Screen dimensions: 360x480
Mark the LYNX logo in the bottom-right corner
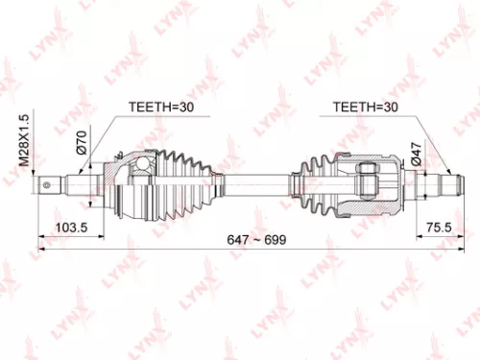click(x=451, y=331)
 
